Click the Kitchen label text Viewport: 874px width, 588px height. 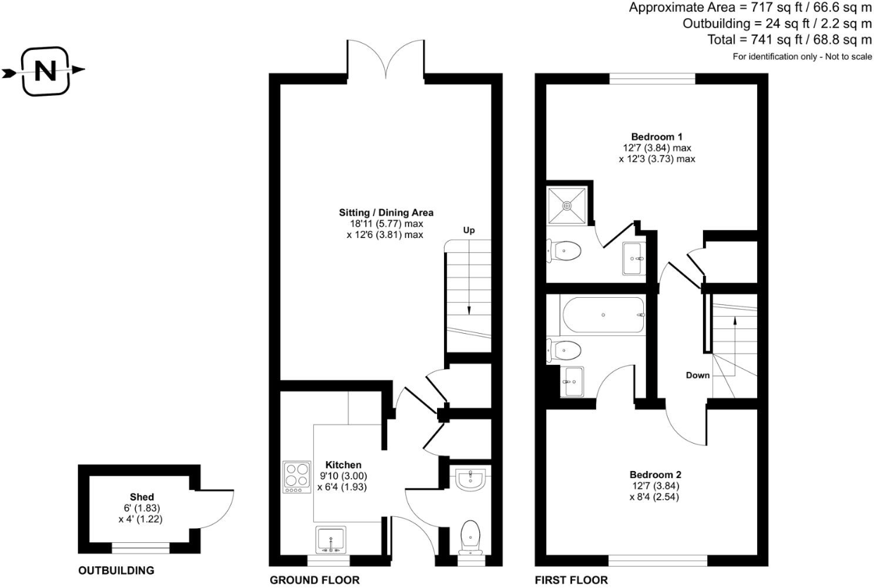click(343, 465)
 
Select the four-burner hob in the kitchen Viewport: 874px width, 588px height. click(296, 477)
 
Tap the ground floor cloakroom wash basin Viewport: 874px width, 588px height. click(469, 480)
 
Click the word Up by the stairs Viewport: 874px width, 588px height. click(470, 230)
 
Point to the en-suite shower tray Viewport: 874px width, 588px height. click(568, 206)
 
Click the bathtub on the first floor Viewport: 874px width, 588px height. click(602, 315)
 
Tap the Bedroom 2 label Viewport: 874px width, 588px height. click(655, 475)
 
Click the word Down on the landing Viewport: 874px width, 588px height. click(697, 375)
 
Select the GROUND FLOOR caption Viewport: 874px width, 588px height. click(315, 581)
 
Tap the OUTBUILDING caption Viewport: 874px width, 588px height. click(115, 570)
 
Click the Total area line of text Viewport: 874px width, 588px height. click(790, 39)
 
